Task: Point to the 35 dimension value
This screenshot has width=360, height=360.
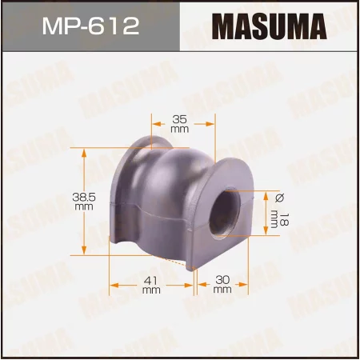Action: (179, 118)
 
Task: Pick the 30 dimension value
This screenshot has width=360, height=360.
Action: (222, 280)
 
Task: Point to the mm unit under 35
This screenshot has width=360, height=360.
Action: (179, 129)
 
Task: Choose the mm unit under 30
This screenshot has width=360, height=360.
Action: (222, 290)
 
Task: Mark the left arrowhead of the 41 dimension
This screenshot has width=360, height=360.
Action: (113, 285)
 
